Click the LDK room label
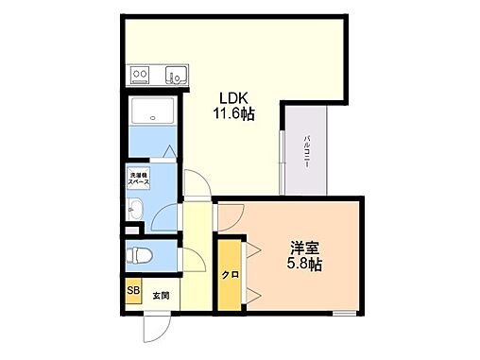pos(235,97)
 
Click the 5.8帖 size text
pos(304,266)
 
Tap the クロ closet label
pos(229,276)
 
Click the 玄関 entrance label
pos(161,296)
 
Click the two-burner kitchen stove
pos(141,75)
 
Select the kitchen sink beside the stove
pos(172,75)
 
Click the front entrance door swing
pos(152,327)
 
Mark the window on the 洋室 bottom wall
pos(344,311)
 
